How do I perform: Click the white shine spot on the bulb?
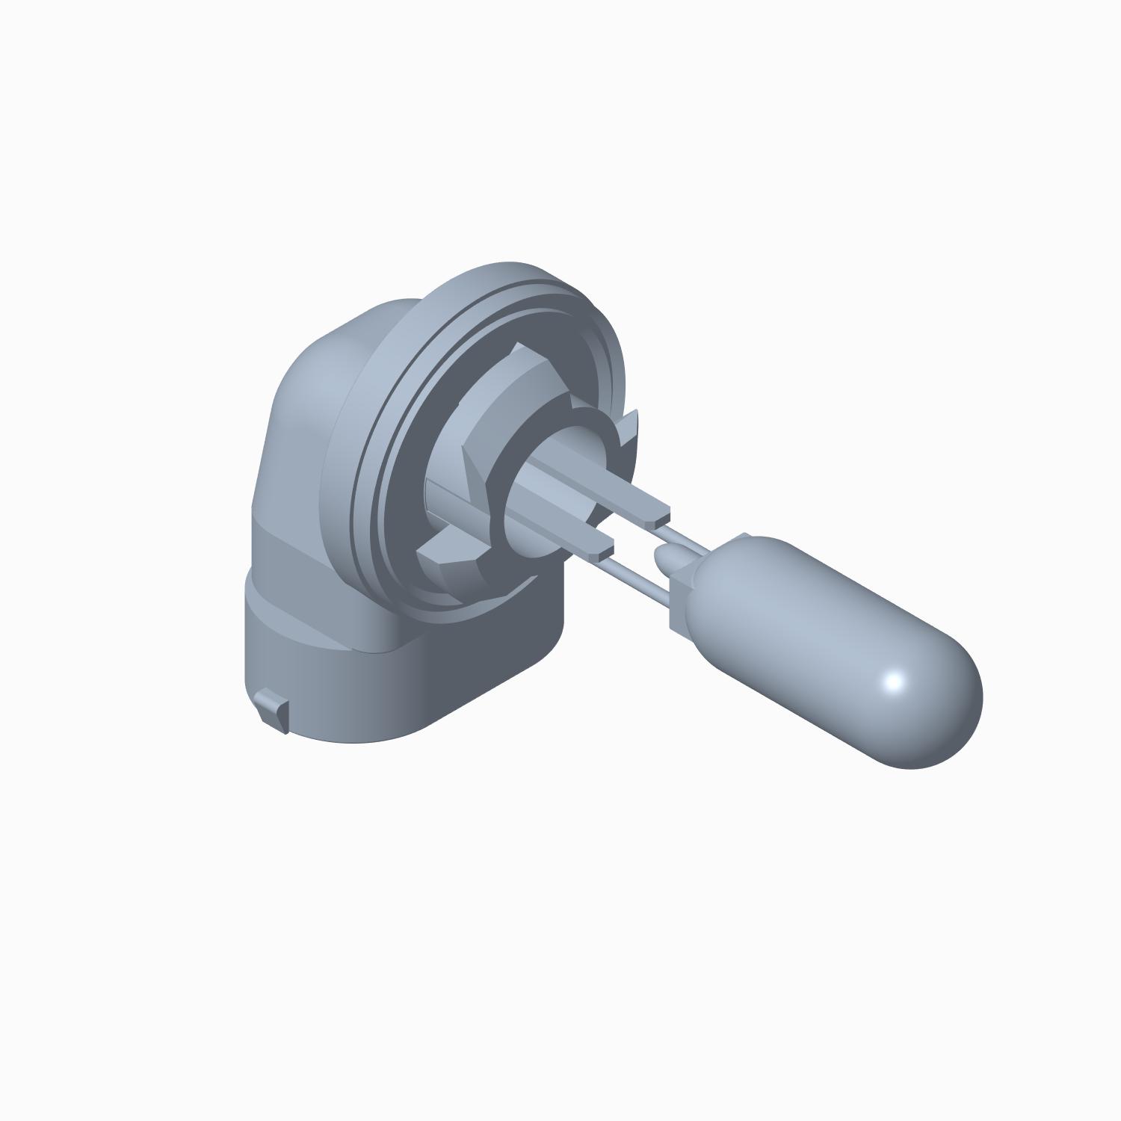(894, 682)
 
